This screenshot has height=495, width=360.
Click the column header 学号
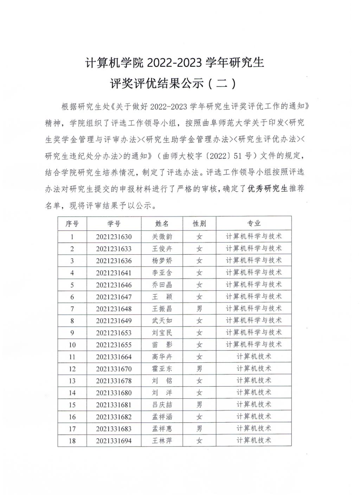[114, 224]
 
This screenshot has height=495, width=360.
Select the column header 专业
[254, 224]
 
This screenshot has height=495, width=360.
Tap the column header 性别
[199, 224]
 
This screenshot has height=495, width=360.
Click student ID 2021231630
[114, 236]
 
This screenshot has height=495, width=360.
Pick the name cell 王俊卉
[162, 249]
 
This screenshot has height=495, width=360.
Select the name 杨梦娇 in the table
[162, 261]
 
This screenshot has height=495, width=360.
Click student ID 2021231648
[114, 309]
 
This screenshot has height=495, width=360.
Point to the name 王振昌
[162, 309]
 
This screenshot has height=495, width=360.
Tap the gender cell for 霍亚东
[199, 369]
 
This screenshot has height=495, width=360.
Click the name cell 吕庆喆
[162, 405]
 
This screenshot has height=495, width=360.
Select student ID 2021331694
[114, 440]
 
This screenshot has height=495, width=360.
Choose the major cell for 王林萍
[254, 440]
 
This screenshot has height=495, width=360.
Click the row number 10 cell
[72, 345]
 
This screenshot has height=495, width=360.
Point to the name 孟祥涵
[162, 417]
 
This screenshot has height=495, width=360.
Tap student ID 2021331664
[114, 357]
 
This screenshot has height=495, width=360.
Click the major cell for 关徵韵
[254, 236]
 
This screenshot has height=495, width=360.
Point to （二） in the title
[221, 84]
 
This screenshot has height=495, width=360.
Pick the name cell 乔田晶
[162, 285]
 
